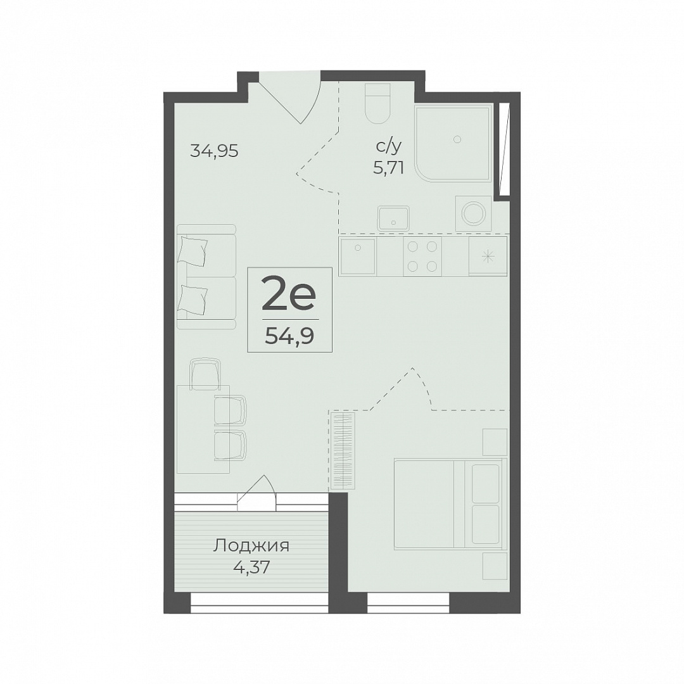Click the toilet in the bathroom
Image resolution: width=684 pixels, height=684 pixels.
[377, 104]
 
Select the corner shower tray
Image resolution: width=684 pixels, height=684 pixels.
[453, 144]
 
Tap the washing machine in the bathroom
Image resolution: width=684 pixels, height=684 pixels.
[474, 213]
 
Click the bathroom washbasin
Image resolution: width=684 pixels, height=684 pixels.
[393, 218]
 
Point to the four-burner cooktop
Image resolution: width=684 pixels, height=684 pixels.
[422, 256]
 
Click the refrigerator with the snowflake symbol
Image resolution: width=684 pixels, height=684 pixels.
[488, 256]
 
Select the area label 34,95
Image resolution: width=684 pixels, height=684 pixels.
[214, 151]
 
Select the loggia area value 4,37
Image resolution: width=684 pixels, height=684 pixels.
[251, 567]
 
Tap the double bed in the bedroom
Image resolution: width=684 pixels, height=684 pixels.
[451, 502]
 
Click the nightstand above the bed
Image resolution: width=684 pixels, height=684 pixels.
[495, 442]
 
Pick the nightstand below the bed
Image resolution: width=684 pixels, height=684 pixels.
[495, 566]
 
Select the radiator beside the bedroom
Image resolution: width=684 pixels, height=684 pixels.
[343, 452]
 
